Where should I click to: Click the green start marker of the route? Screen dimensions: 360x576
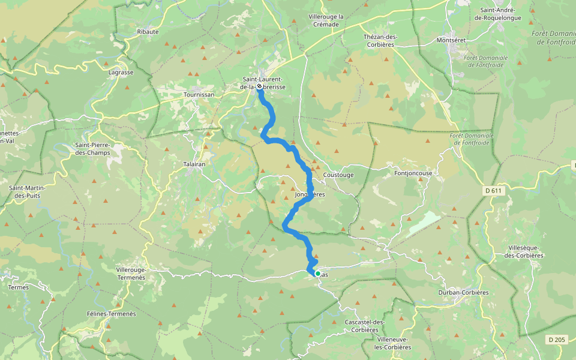pos(317,274)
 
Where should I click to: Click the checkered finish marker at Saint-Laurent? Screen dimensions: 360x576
pos(259,86)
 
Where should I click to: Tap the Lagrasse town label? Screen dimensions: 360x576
pos(121,72)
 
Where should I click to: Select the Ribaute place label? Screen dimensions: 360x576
pos(148,31)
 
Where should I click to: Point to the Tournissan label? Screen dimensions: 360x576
pos(199,95)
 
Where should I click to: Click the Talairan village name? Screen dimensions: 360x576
pos(194,163)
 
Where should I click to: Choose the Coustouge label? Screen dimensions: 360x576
pos(338,175)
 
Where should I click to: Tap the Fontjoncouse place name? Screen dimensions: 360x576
pos(413,173)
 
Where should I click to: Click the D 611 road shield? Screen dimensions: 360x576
pos(493,191)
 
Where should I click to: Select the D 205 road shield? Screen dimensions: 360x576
pos(557,340)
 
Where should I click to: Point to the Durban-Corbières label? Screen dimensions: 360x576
pos(464,293)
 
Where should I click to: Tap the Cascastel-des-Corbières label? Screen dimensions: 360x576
pos(365,326)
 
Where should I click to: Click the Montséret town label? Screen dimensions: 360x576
pos(452,40)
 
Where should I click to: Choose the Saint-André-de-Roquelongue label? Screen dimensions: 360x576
pos(500,14)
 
